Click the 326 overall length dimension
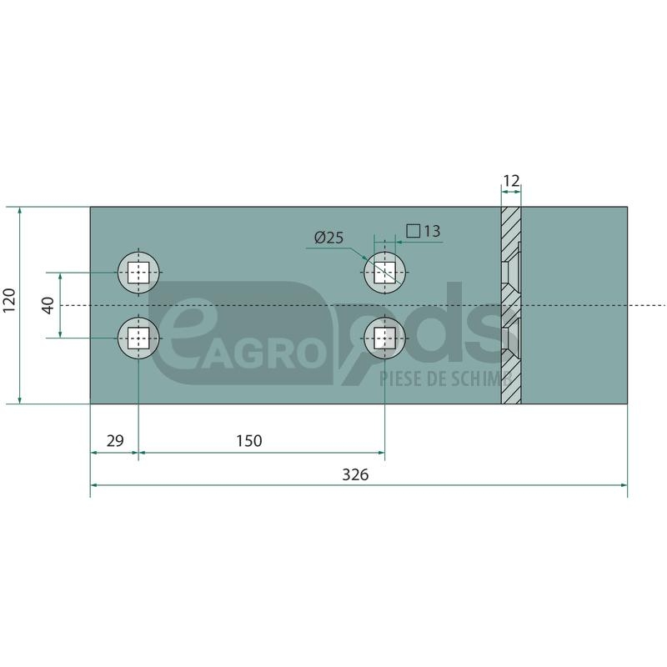355,474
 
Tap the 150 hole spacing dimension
248,441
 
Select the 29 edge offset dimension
115,441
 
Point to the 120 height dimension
9,300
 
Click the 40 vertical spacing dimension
48,305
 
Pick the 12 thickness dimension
511,181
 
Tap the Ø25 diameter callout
328,238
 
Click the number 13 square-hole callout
432,231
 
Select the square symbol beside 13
413,231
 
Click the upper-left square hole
138,273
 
